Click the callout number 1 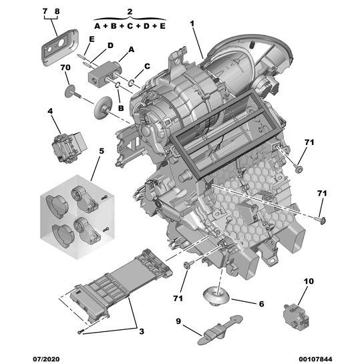[192, 23]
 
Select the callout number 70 [65, 67]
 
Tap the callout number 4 [50, 111]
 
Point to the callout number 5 [102, 151]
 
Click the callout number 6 [261, 304]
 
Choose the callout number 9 [178, 321]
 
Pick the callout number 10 [309, 281]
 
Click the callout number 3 [142, 331]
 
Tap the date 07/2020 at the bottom [46, 359]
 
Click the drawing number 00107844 [315, 359]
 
